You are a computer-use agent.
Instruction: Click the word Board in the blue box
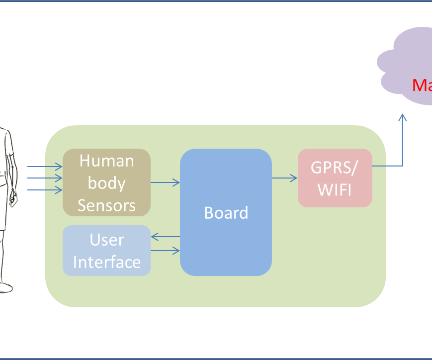(226, 213)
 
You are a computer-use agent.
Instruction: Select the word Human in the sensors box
(106, 161)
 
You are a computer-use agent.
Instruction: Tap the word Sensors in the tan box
(106, 205)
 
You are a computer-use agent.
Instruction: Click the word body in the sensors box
(106, 183)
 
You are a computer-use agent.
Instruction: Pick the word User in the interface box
(106, 240)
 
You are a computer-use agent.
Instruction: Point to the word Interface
(106, 262)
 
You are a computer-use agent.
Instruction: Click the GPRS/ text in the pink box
(334, 168)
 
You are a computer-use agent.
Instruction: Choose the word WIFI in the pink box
(334, 189)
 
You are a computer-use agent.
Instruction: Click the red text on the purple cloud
(422, 85)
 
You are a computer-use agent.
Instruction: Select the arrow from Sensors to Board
(165, 182)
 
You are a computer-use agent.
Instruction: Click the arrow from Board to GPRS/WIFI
(284, 177)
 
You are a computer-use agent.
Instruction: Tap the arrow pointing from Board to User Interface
(165, 237)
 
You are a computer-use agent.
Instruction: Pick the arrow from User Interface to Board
(165, 251)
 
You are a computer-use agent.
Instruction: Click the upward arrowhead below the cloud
(403, 117)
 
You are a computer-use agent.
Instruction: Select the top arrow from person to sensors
(45, 167)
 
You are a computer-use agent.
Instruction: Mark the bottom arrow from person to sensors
(45, 189)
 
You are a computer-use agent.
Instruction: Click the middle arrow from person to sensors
(45, 178)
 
